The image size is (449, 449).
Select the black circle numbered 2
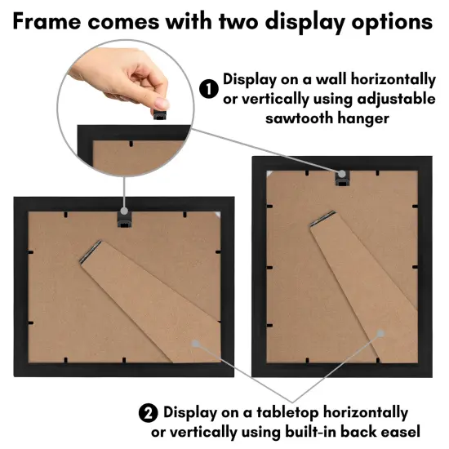click(149, 413)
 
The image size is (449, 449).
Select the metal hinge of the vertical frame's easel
click(322, 219)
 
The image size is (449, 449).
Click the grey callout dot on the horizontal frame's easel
click(194, 344)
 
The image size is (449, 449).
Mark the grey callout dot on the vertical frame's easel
click(380, 332)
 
